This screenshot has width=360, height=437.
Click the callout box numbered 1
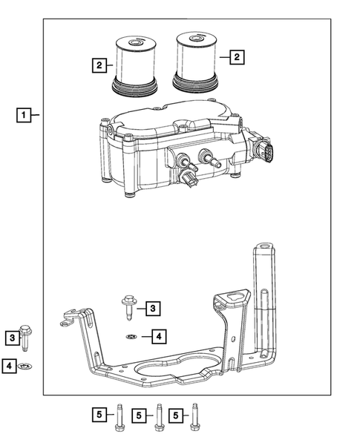tap(25, 115)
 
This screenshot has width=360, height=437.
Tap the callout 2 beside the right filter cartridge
tap(236, 56)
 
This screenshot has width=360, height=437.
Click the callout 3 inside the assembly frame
tap(151, 307)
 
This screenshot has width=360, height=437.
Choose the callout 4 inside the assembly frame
tap(158, 337)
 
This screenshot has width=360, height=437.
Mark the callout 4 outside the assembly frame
tap(9, 365)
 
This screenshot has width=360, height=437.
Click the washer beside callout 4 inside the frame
tap(131, 337)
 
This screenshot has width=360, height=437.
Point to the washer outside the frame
tap(27, 366)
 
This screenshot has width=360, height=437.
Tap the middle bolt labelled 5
tap(158, 418)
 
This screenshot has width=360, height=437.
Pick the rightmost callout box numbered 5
tap(177, 416)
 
